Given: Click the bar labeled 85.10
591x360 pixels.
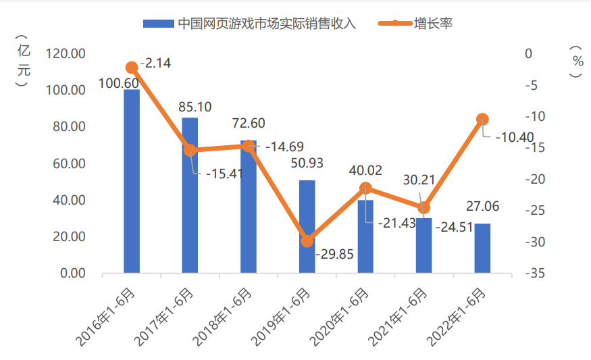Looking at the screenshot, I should pos(190,196).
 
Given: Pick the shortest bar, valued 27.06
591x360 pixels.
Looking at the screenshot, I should pos(482,248).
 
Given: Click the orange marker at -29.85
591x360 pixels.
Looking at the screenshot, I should pos(307,240).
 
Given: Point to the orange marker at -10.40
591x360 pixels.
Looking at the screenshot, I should pos(482,120).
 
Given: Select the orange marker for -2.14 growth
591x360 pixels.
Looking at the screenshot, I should pos(132,68).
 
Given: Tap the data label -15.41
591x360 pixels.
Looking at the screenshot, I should pos(222,174).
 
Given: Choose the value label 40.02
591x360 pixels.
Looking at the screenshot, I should pos(365,170).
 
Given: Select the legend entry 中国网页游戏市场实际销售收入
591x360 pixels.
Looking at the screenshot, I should pos(266,24).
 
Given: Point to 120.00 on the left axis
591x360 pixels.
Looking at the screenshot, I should pos(66,53).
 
